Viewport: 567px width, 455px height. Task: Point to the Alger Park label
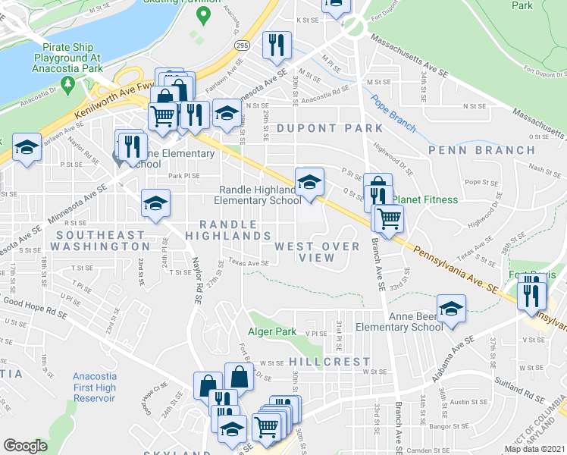[x=272, y=331]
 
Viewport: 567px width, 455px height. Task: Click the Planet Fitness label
[x=424, y=199]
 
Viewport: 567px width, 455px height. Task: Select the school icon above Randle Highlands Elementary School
[x=309, y=183]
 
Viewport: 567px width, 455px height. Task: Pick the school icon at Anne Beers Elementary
[x=451, y=309]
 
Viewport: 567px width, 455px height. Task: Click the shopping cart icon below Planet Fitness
[x=388, y=218]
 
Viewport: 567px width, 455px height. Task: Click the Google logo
[x=25, y=446]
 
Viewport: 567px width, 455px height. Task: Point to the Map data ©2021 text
[x=534, y=449]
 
